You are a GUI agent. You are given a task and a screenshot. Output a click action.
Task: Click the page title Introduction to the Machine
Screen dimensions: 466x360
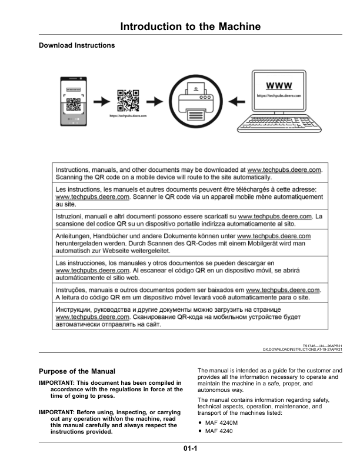coord(190,27)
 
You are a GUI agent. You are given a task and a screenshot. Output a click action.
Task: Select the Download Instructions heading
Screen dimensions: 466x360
coord(76,45)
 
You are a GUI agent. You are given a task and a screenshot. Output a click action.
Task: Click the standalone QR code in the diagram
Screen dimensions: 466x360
coord(128,100)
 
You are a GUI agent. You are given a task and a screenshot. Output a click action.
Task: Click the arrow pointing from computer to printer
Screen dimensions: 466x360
coord(238,101)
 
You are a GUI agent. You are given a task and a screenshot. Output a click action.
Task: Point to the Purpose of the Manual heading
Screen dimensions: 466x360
coord(76,371)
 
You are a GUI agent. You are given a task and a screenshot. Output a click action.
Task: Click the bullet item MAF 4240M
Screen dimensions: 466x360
coord(222,423)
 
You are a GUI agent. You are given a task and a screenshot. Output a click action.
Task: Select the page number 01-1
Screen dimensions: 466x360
coord(189,450)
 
